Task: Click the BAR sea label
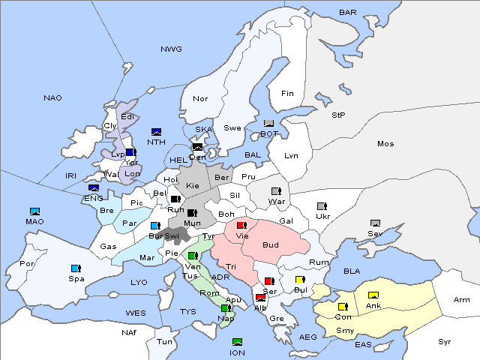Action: click(348, 12)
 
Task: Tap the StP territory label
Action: click(338, 115)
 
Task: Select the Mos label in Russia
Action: click(385, 143)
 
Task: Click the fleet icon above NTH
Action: click(157, 132)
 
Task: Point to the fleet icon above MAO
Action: click(34, 211)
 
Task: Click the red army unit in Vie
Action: click(241, 225)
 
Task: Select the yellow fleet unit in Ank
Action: click(373, 295)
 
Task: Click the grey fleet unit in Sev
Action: click(375, 223)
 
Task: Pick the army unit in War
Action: click(275, 190)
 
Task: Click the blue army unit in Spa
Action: click(75, 268)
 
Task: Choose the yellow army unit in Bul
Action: click(300, 280)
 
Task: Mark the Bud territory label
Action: click(270, 244)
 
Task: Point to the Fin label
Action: click(287, 93)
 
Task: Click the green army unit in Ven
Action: click(193, 256)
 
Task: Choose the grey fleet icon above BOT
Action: click(269, 124)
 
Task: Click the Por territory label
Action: click(27, 264)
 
